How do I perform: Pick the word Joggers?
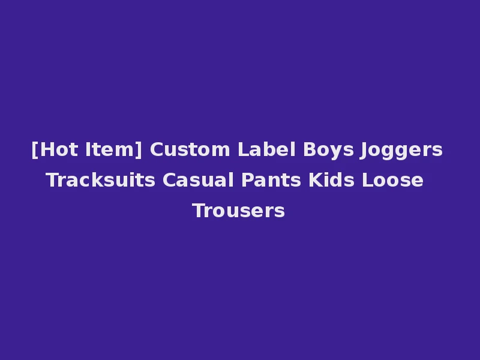point(401,149)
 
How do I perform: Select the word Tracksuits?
point(99,180)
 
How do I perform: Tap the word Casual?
point(194,180)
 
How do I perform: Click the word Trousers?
point(238,211)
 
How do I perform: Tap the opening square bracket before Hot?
point(34,149)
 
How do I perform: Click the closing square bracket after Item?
point(139,149)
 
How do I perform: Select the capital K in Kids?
point(315,180)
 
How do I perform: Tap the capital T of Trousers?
point(198,211)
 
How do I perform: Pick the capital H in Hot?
point(44,149)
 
